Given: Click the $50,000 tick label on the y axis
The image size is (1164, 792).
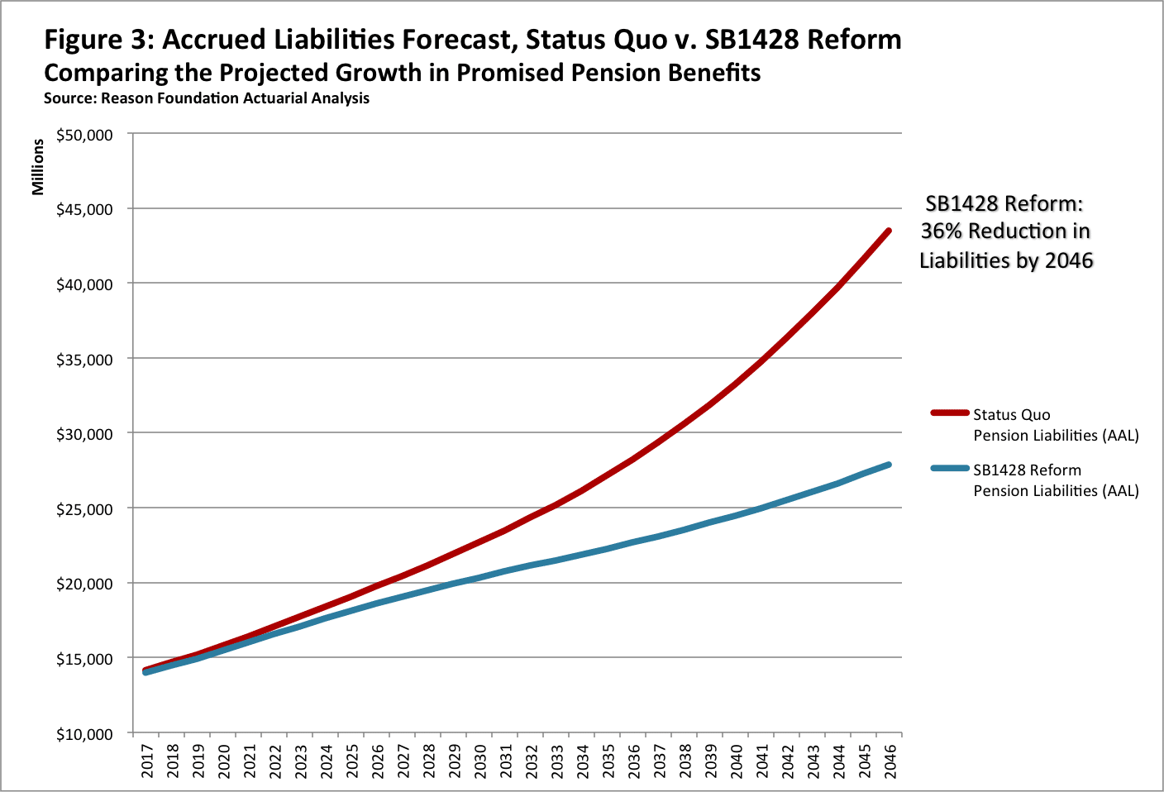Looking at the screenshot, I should coord(84,135).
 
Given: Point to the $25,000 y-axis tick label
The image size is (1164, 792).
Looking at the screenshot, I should coord(84,509).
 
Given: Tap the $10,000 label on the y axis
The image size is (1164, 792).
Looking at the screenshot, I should coord(84,734).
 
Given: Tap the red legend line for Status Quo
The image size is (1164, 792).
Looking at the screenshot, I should coord(949,413).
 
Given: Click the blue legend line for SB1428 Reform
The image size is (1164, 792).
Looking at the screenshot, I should coord(949,468).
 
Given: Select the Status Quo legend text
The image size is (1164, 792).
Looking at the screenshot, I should coord(1011,415).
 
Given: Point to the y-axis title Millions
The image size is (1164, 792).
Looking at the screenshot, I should coord(38,167).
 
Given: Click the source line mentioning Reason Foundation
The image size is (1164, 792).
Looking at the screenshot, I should coord(207,98).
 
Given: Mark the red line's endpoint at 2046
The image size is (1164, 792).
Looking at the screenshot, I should coord(889,231).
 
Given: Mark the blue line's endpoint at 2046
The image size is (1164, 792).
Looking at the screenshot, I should coord(889,465).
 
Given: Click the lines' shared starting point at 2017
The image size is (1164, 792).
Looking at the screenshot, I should coord(146,670).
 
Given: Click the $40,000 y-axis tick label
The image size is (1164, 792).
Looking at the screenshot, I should coord(84,284).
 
